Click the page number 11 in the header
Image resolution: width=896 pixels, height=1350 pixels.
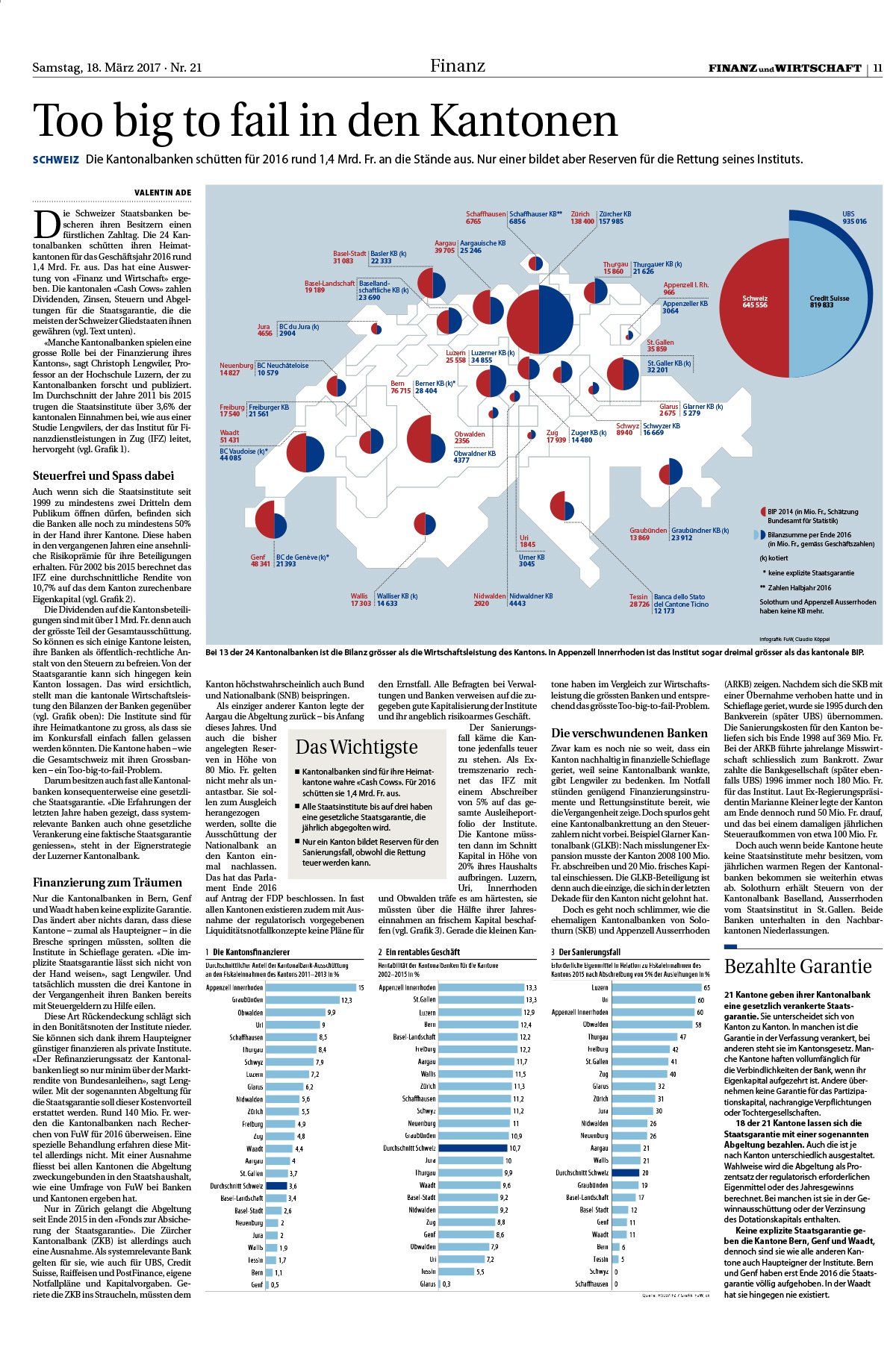pos(877,68)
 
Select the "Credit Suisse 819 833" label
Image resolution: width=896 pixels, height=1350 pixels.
pos(829,302)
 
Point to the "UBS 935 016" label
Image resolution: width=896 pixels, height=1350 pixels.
pos(854,217)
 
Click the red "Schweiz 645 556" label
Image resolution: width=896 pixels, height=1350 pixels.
pos(755,302)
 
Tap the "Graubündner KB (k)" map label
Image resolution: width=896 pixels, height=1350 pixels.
pos(700,530)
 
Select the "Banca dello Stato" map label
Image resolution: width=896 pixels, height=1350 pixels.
pos(679,597)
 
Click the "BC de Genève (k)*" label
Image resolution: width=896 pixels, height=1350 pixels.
pos(303,557)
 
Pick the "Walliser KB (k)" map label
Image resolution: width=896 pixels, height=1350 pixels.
pos(396,596)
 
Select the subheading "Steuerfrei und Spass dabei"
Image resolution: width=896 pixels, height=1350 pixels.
pos(103,475)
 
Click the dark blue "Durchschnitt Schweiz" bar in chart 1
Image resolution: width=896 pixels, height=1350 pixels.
pos(276,1185)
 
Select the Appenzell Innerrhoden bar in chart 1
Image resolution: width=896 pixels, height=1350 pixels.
pos(310,987)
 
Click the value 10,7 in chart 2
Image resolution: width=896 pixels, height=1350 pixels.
pos(515,1148)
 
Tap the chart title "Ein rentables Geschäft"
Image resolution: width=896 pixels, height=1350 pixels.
pos(423,952)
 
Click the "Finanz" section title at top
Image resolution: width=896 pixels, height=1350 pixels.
pos(457,66)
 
